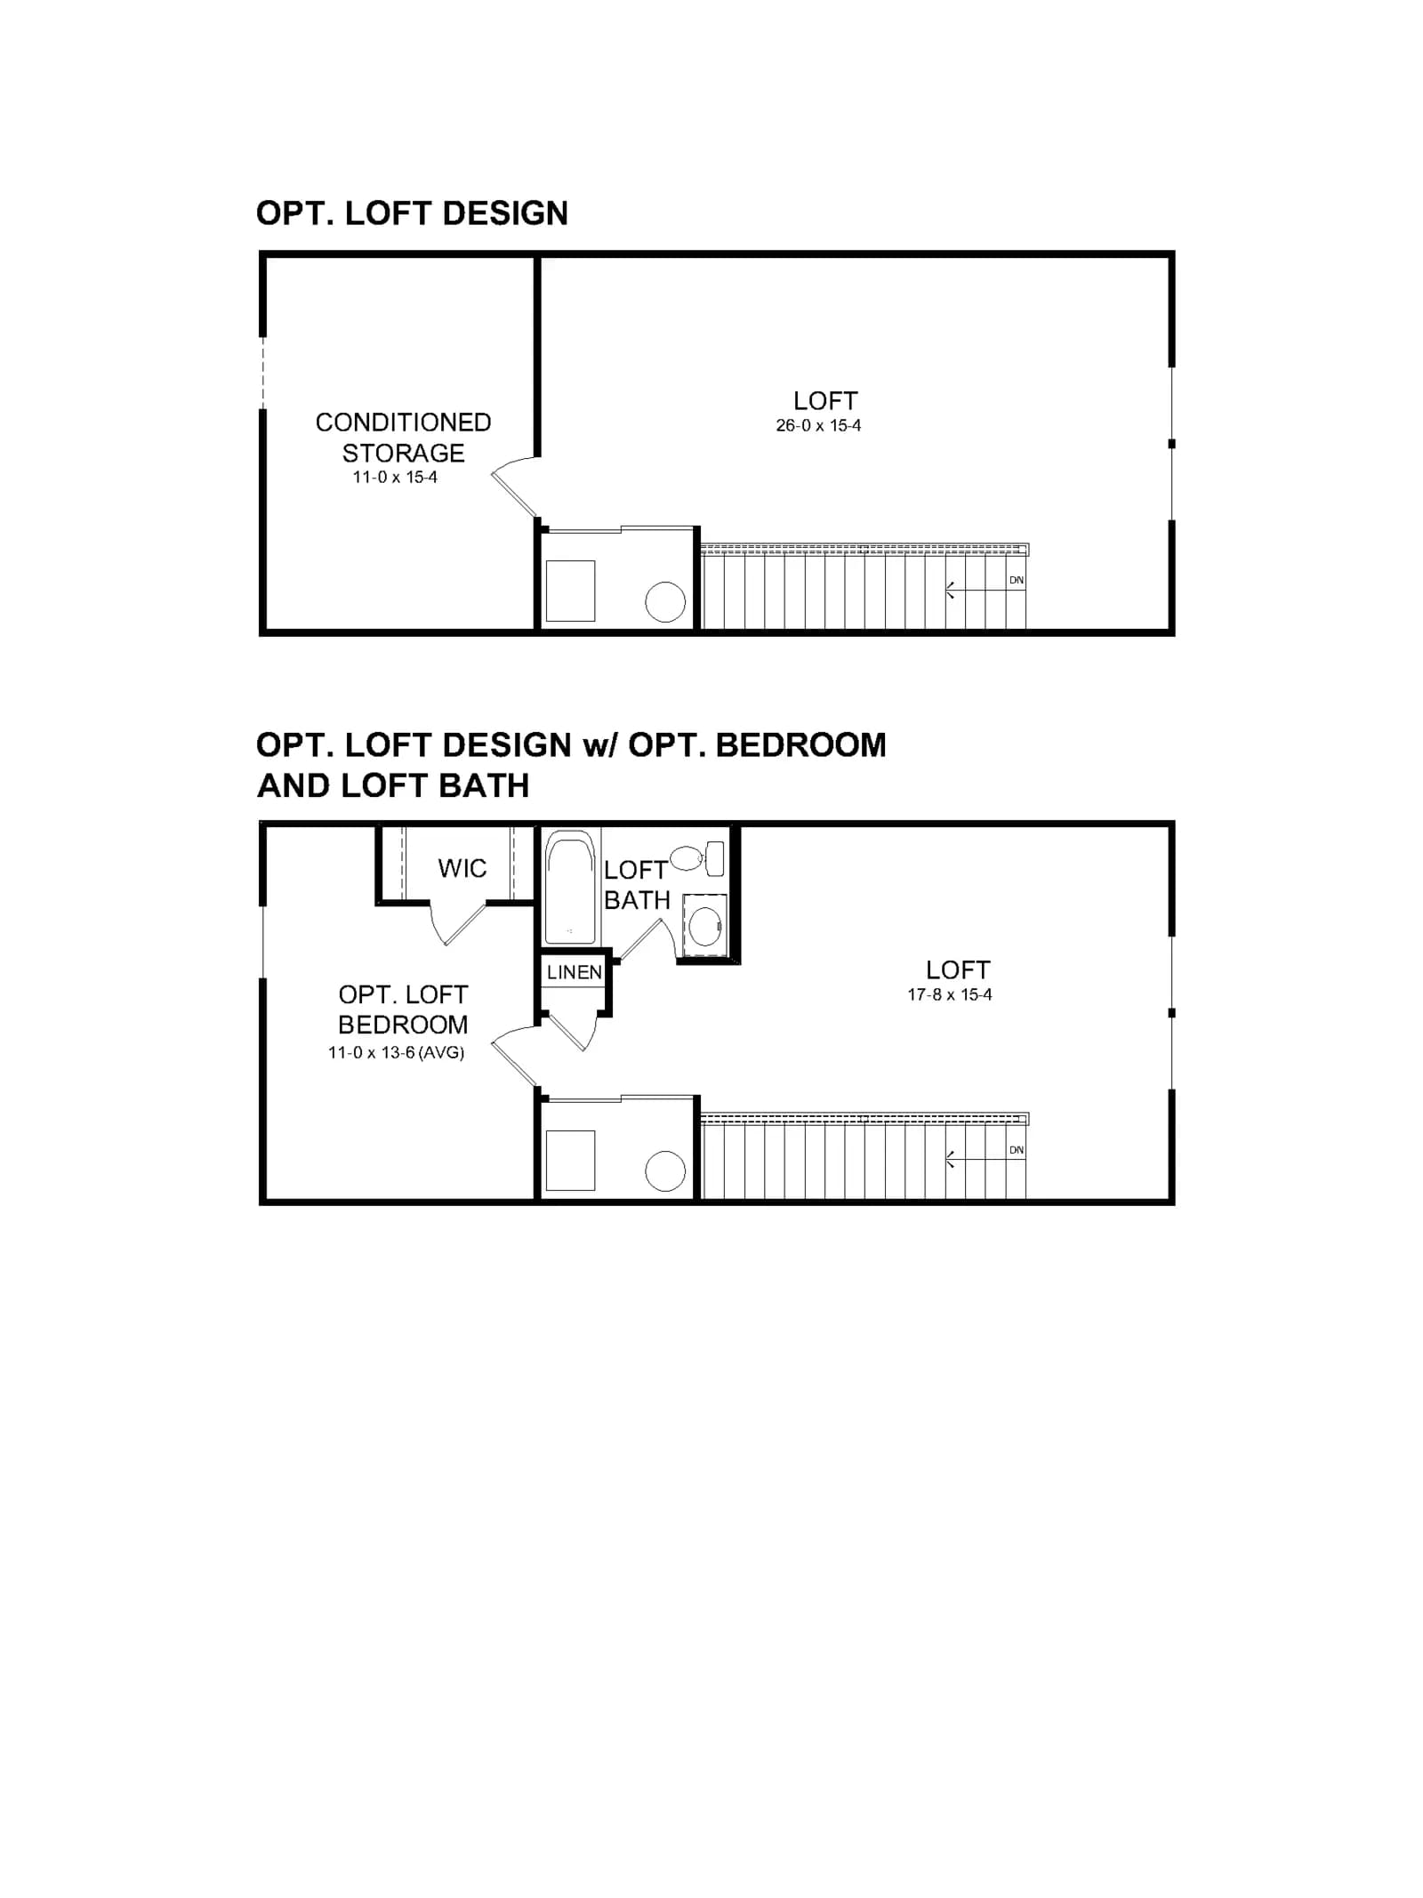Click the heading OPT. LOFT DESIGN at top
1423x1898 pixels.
click(412, 213)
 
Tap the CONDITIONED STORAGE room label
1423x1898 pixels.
click(403, 438)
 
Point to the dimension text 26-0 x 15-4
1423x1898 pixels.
click(818, 426)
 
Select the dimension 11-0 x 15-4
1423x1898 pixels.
click(395, 478)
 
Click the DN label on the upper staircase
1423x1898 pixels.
click(1016, 580)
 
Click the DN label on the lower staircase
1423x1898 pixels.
click(1016, 1150)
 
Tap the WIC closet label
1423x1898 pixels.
click(462, 868)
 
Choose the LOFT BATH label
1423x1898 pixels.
click(637, 885)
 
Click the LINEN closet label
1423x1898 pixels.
click(575, 972)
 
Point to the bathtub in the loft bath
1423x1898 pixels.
click(569, 887)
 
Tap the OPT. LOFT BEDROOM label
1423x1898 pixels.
click(403, 1009)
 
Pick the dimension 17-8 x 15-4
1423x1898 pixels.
click(950, 995)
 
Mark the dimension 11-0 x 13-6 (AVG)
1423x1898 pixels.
click(397, 1053)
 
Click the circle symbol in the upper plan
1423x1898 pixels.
click(665, 602)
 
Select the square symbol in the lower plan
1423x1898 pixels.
click(570, 1161)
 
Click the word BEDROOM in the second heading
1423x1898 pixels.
click(800, 745)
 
